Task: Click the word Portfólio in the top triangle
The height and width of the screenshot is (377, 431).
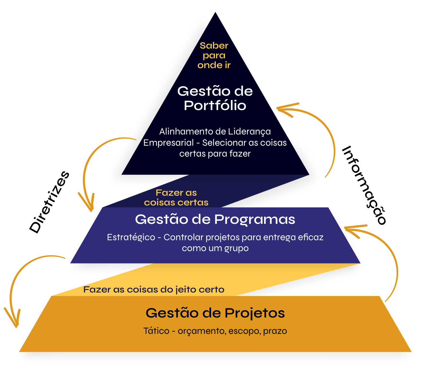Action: pos(215,105)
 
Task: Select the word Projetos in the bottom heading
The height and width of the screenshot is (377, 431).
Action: pos(255,313)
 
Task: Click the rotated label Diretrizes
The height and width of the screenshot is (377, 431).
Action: pos(49,202)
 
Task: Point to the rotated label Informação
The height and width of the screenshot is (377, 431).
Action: pos(364,185)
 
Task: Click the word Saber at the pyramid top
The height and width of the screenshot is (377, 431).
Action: pos(214,45)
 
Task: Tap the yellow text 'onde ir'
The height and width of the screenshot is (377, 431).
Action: pos(214,65)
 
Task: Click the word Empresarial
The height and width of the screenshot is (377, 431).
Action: pos(168,143)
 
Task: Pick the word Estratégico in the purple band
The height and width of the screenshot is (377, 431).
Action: pos(131,237)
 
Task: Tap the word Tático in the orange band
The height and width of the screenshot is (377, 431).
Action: pos(156,331)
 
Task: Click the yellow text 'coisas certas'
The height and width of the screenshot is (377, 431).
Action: pos(176,202)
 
